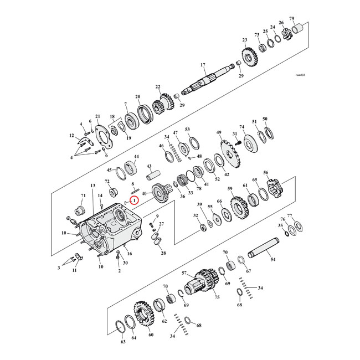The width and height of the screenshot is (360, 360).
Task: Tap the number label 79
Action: (307, 19)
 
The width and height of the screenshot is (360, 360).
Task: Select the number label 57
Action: (185, 272)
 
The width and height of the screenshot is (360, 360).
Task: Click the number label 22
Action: (157, 86)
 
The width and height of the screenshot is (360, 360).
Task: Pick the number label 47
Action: (176, 133)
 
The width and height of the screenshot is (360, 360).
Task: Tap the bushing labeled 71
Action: (78, 210)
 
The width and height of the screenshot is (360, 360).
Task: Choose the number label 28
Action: (163, 253)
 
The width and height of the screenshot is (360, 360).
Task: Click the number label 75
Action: (217, 297)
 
